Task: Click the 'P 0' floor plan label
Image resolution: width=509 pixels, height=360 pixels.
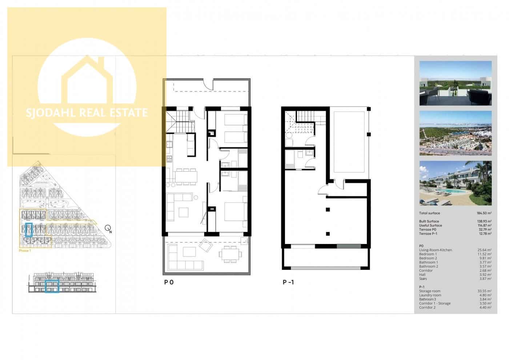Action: pos(169,282)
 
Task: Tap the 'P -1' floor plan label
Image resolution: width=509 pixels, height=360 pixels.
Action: pos(288,282)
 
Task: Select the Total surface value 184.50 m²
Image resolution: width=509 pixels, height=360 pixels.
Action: pos(484,213)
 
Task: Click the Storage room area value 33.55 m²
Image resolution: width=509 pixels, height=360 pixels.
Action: pos(484,291)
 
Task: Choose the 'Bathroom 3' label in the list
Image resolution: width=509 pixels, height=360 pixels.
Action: pos(428,299)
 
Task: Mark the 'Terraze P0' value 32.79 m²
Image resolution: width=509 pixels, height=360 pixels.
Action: pos(484,230)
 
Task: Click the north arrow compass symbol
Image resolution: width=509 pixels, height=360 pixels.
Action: pos(108,228)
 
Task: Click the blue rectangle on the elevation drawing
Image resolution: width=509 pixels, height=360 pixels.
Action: pos(52,287)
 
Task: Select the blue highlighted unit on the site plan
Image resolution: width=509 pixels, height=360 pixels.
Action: pos(29,230)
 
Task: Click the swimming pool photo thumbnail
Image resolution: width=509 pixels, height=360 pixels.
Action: pos(455,183)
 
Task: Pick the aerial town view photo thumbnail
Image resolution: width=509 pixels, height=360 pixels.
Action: pos(455,133)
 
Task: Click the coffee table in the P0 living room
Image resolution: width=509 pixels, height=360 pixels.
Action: pos(184,211)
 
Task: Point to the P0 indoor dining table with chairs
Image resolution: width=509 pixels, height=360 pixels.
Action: pos(186,176)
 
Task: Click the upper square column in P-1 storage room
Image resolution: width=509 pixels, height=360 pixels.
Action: pos(328,209)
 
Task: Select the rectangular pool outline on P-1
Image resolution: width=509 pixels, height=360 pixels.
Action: pos(349,142)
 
